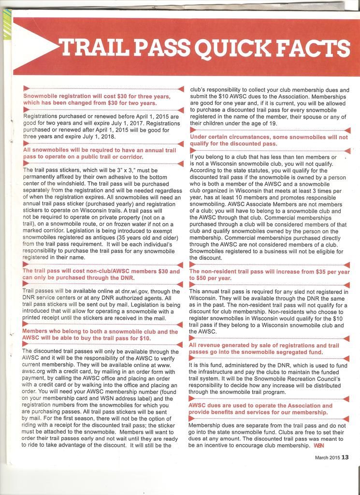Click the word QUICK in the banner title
(x=231, y=48)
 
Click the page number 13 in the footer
(x=345, y=457)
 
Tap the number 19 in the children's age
(x=273, y=123)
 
